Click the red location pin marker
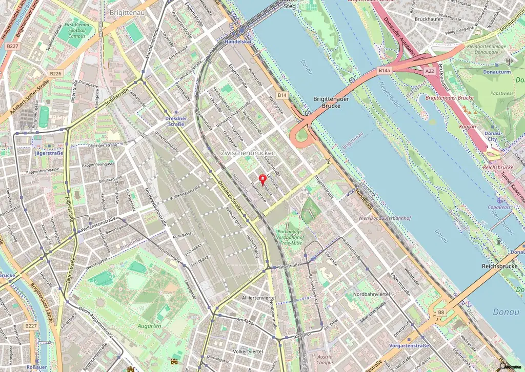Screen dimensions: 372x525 pos(264,180)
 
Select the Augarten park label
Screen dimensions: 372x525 pos(150,325)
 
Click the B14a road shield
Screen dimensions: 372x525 pos(385,70)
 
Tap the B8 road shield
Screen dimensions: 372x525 pos(440,312)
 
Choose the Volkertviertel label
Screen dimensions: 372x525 pos(248,352)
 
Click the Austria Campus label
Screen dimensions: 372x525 pos(325,359)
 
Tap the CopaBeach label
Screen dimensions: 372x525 pos(499,207)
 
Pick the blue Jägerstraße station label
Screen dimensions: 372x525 pos(49,153)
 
